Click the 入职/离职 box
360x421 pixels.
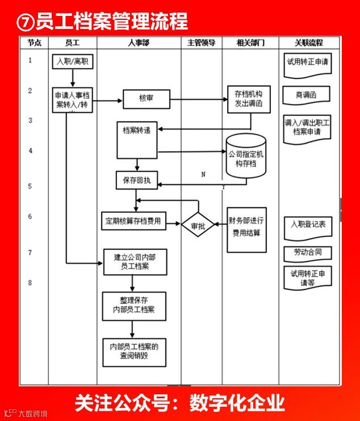[73, 60]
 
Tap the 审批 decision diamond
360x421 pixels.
[198, 226]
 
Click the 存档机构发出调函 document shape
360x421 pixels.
[249, 98]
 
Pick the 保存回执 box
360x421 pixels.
[136, 181]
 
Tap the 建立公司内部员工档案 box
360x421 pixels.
[135, 261]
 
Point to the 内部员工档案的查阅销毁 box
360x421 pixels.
[135, 351]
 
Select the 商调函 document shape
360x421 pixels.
[307, 95]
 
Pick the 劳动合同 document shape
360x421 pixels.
[307, 252]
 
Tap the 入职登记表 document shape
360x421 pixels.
[307, 225]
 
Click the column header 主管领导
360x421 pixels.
[201, 43]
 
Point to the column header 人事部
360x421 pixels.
[139, 43]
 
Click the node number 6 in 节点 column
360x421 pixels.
[30, 216]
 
